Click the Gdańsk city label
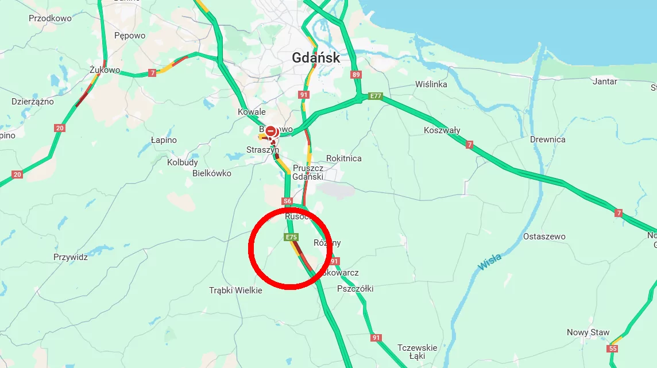pyautogui.click(x=316, y=58)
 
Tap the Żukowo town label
pyautogui.click(x=105, y=70)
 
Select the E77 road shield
pyautogui.click(x=376, y=96)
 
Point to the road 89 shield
pyautogui.click(x=357, y=75)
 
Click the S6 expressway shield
pyautogui.click(x=288, y=201)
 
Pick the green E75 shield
pyautogui.click(x=291, y=237)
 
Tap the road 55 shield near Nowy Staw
pyautogui.click(x=613, y=348)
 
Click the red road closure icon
pyautogui.click(x=270, y=131)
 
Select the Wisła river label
pyautogui.click(x=489, y=261)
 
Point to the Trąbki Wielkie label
pyautogui.click(x=235, y=290)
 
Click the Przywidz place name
pyautogui.click(x=71, y=257)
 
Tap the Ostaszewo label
pyautogui.click(x=544, y=237)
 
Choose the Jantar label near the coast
pyautogui.click(x=605, y=82)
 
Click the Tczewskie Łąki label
pyautogui.click(x=417, y=352)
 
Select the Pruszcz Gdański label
pyautogui.click(x=308, y=172)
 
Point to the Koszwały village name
pyautogui.click(x=442, y=130)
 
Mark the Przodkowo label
pyautogui.click(x=50, y=18)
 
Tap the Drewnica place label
pyautogui.click(x=547, y=140)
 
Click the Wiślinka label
pyautogui.click(x=431, y=84)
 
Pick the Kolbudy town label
pyautogui.click(x=183, y=162)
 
